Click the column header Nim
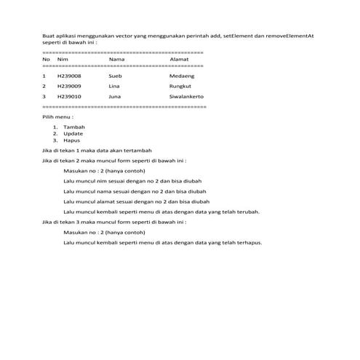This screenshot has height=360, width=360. pos(63,59)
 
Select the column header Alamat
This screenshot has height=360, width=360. pos(179,59)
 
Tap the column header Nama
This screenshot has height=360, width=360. pos(117,59)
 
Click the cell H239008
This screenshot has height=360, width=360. pos(69,75)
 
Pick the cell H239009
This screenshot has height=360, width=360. pos(69,85)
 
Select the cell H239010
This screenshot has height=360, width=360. pos(69,95)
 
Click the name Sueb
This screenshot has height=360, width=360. pos(115,75)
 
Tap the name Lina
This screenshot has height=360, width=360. pos(114,85)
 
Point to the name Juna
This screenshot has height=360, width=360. pos(115,95)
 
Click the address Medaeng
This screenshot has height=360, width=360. pos(181,75)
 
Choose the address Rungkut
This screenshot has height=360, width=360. pos(180,85)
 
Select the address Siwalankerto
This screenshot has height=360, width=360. pos(186,95)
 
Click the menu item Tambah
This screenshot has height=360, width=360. pos(74,127)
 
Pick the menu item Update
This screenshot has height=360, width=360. pos(73,134)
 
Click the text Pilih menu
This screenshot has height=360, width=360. pos(57,116)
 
